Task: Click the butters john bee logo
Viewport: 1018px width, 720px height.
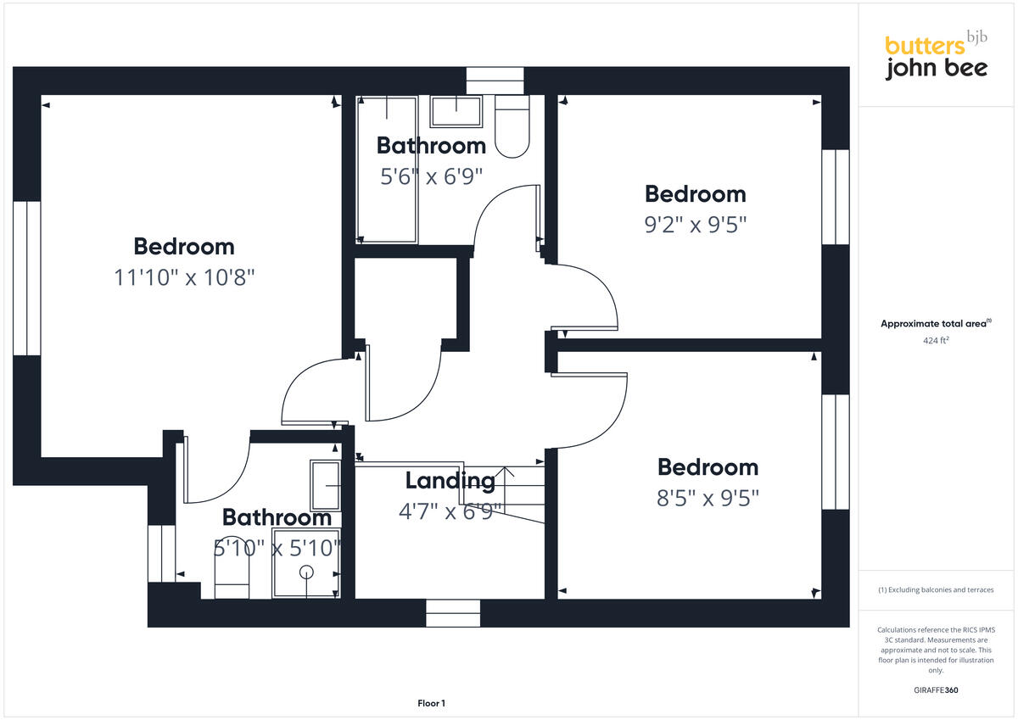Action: click(936, 57)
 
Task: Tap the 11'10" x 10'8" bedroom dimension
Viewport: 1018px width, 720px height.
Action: click(184, 277)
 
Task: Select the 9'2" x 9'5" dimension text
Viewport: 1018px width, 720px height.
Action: click(695, 225)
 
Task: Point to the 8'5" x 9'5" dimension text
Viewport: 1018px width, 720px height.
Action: click(708, 498)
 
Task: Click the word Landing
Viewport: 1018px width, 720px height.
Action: click(450, 481)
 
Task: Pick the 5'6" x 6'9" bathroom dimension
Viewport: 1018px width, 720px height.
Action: click(431, 176)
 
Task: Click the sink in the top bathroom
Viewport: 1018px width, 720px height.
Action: click(456, 109)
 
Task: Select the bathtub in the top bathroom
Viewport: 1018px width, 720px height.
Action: click(387, 170)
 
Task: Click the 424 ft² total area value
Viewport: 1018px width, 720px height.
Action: click(936, 341)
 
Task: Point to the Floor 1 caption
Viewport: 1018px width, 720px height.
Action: click(431, 703)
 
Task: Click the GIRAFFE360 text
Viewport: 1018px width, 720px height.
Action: click(936, 690)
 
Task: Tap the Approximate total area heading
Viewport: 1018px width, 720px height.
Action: click(936, 324)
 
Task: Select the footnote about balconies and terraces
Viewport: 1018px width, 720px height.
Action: click(936, 589)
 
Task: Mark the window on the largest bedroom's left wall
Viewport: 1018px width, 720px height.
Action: click(27, 277)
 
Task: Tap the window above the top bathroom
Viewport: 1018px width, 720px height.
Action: click(495, 81)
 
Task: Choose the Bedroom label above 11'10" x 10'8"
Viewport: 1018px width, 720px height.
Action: click(184, 247)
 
